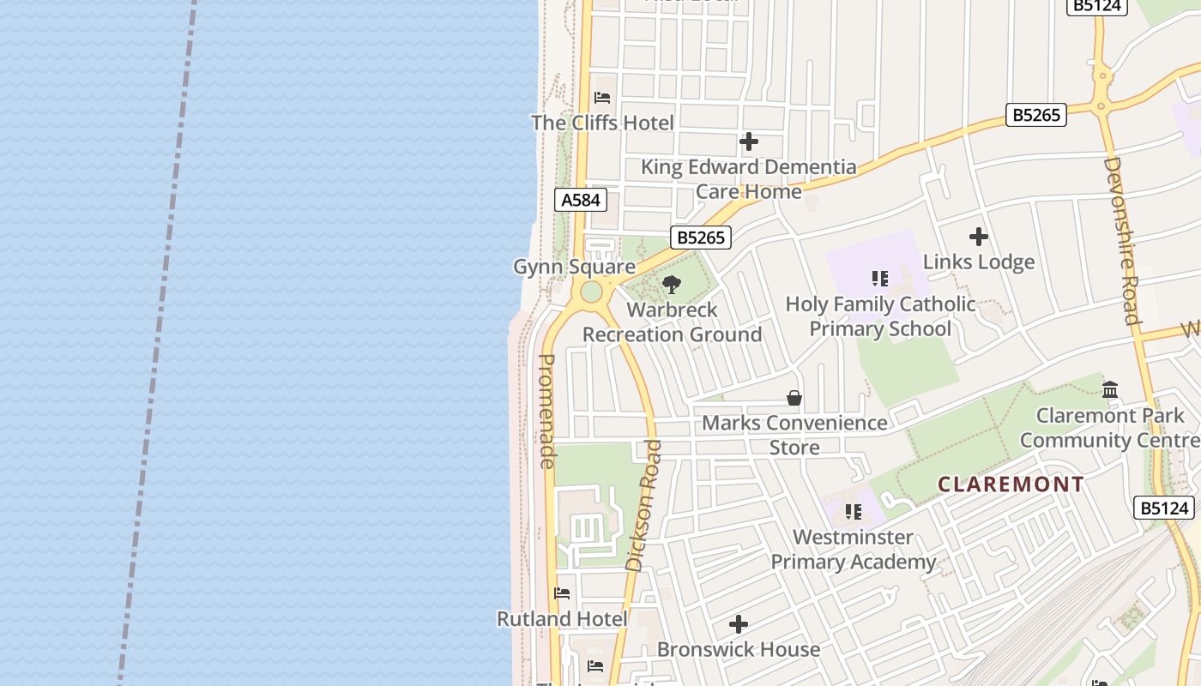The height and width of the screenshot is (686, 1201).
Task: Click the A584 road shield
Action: [581, 200]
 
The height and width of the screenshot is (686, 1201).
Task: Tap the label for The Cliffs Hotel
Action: [602, 123]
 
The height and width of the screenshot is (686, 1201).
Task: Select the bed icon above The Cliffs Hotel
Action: [602, 98]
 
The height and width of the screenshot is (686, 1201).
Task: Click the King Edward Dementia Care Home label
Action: [748, 178]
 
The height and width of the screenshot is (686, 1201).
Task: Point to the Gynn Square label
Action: [574, 267]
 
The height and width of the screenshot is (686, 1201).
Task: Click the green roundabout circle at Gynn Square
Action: [591, 292]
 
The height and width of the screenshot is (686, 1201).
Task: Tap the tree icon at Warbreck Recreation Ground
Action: [672, 285]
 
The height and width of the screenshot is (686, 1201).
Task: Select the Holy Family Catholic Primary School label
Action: [880, 316]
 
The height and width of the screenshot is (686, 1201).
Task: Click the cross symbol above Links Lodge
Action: [978, 237]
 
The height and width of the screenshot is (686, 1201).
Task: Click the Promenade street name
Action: [546, 411]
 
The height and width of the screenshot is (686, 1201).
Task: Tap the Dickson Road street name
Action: [644, 506]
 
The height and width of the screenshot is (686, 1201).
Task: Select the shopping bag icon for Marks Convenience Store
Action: [794, 398]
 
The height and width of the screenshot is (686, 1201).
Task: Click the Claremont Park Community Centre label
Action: [1110, 428]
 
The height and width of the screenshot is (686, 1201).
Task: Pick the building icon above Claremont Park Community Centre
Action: [1110, 390]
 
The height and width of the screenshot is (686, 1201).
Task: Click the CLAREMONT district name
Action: [1011, 484]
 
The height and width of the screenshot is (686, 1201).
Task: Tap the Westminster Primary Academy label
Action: [853, 550]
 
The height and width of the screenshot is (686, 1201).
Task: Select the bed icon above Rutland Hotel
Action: [562, 593]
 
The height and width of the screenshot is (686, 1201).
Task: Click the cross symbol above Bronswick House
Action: [738, 624]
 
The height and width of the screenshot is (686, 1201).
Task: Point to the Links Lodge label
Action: [978, 262]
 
